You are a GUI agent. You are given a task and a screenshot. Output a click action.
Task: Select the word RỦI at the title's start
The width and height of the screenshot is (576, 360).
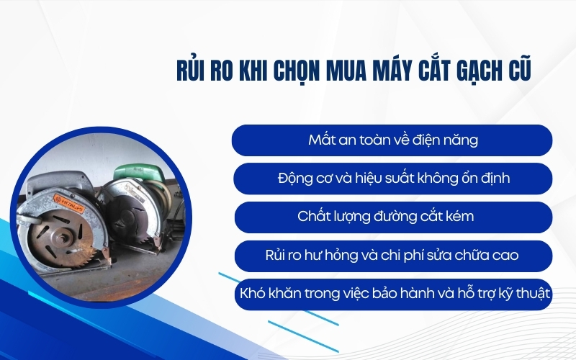[192, 73]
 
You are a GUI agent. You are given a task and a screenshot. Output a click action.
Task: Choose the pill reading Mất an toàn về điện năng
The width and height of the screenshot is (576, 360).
[392, 140]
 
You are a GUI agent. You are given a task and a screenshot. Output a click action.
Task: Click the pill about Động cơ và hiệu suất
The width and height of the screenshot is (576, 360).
[392, 178]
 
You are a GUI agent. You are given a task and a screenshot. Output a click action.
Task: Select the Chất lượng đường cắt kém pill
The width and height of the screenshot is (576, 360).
[392, 216]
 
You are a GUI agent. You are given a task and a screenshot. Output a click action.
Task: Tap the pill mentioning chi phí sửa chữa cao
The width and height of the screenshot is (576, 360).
[392, 256]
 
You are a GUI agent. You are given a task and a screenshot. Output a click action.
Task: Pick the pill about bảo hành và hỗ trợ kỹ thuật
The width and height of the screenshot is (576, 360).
[392, 294]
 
